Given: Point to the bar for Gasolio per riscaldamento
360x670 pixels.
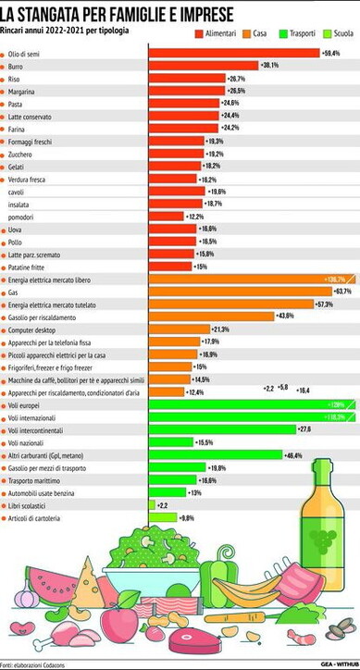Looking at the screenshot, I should pyautogui.click(x=211, y=316).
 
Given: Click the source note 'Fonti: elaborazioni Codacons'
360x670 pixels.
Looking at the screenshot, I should pyautogui.click(x=37, y=664).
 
